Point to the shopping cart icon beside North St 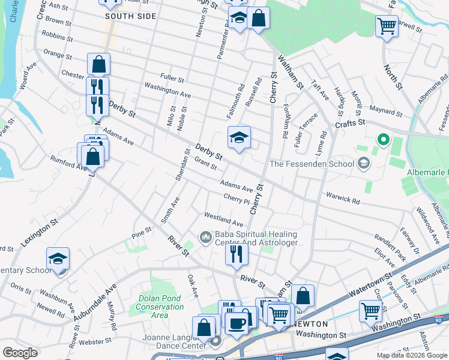click(387, 26)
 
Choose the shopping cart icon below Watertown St click(371, 311)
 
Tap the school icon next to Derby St click(239, 138)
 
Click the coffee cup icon click(237, 323)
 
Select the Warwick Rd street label click(343, 198)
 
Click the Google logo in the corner click(20, 353)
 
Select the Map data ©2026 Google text click(411, 355)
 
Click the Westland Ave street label click(223, 219)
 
